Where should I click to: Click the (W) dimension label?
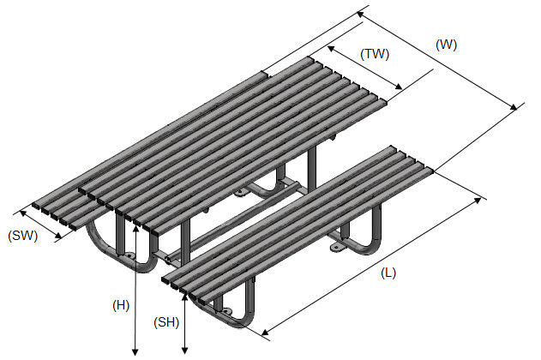[x=446, y=45]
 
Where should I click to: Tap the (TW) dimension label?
[x=375, y=55]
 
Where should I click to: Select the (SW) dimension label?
[x=23, y=236]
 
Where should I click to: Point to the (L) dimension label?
[x=388, y=273]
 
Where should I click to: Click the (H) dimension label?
[x=121, y=305]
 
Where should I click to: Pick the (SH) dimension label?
[x=166, y=322]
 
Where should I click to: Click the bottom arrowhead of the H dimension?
[x=135, y=352]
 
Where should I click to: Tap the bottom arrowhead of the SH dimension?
[x=185, y=351]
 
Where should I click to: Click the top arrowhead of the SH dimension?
[x=184, y=297]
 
